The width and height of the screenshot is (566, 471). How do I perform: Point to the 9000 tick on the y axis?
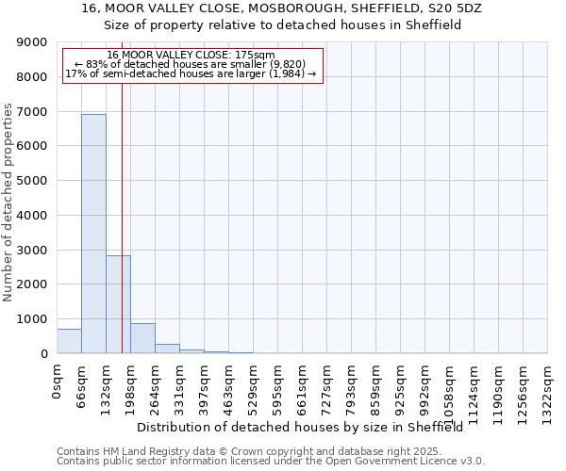pos(34,42)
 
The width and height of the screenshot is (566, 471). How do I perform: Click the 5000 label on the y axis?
pos(34,181)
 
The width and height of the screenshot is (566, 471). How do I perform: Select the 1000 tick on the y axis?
pos(34,319)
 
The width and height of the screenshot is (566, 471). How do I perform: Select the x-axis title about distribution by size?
pos(306,427)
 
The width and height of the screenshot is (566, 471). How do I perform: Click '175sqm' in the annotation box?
pos(254,55)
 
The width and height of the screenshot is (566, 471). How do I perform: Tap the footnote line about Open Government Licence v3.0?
pos(271,462)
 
